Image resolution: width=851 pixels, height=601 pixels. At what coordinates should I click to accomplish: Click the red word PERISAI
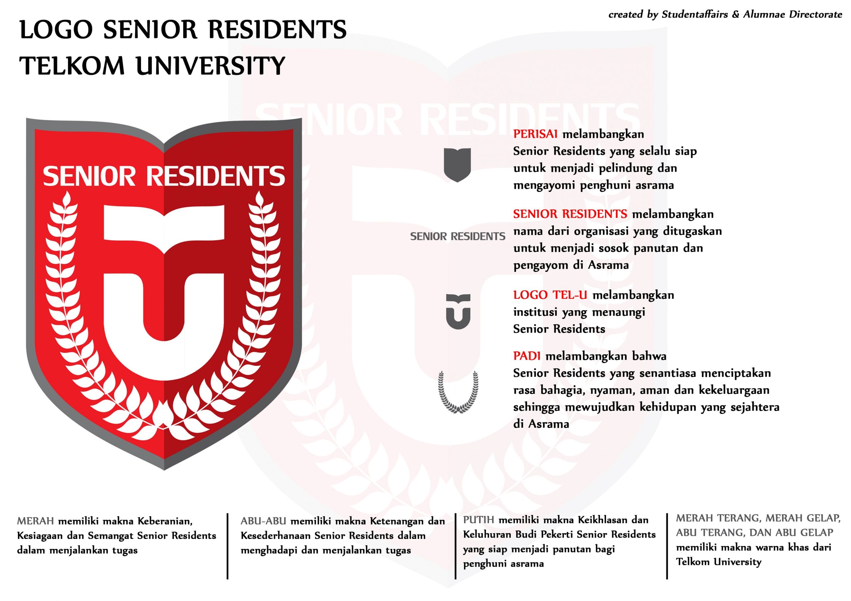tap(535, 134)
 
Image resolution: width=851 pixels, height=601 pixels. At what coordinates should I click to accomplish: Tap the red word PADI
tap(526, 356)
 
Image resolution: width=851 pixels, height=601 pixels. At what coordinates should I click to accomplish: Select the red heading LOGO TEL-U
tap(550, 295)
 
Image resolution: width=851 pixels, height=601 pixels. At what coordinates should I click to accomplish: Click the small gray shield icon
tap(457, 164)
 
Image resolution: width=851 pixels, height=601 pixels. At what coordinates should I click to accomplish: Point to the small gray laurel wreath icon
tap(458, 392)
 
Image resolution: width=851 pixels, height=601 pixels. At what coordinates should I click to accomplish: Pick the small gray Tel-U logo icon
tap(458, 311)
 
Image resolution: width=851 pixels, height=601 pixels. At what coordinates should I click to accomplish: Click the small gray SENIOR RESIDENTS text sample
tap(457, 236)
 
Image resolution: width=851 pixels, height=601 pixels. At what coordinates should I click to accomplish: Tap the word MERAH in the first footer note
tap(36, 521)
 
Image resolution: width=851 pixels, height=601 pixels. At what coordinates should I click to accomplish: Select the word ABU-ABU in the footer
tap(263, 521)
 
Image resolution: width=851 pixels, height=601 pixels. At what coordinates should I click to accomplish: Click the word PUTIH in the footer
tap(478, 520)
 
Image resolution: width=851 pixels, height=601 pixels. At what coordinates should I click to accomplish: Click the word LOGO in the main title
tap(56, 30)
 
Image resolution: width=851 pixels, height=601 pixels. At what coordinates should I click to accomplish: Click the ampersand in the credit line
tap(735, 14)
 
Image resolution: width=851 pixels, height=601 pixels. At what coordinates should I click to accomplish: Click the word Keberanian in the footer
tap(165, 521)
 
